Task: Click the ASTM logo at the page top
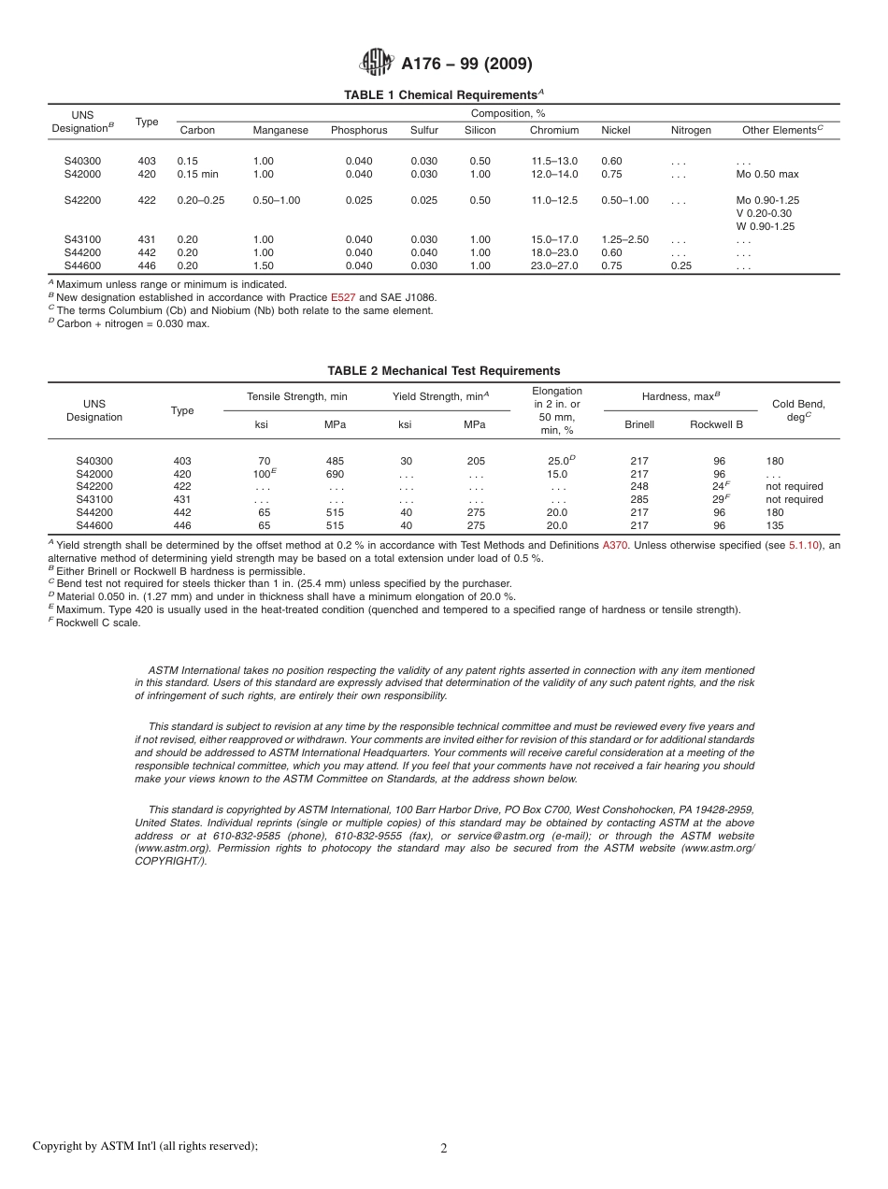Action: pos(377,63)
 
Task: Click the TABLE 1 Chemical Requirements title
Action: pos(443,95)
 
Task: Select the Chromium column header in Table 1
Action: pos(553,130)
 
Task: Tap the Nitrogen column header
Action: pos(691,130)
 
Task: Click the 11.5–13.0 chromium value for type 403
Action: pos(554,161)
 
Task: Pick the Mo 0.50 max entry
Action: pos(766,174)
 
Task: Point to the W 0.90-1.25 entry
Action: pos(765,226)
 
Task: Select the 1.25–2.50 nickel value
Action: pos(623,239)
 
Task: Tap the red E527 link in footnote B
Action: pos(343,297)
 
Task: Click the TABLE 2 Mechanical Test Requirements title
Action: pos(443,371)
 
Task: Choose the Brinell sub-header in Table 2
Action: pos(639,424)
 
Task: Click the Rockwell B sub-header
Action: pos(716,424)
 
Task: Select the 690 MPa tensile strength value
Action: pos(335,474)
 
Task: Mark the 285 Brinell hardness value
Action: pos(639,499)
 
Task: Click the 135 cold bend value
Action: pos(775,525)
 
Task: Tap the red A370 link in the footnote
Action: pos(615,545)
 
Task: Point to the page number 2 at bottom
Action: pos(444,1149)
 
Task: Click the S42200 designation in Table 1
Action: pos(82,200)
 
